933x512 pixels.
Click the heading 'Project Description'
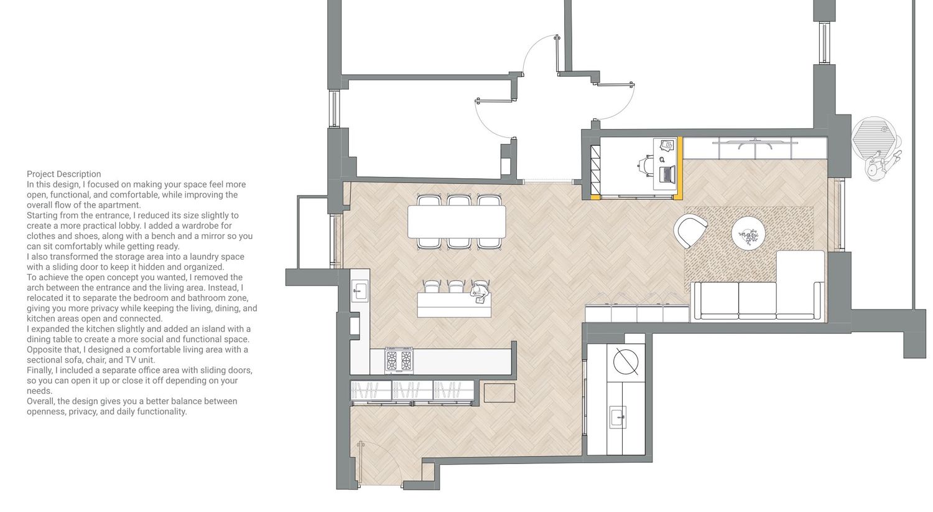coord(63,174)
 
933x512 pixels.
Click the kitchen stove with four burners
coord(399,360)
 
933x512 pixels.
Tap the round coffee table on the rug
coord(748,233)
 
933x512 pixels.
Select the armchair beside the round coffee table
coord(690,231)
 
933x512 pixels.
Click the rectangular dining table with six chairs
coord(457,221)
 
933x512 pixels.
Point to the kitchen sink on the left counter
coord(360,290)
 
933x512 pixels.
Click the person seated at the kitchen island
coord(480,293)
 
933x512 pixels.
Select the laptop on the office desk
coord(667,173)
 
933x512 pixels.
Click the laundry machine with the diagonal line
coord(626,361)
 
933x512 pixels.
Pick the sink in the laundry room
coord(618,417)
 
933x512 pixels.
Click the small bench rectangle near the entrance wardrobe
coord(499,393)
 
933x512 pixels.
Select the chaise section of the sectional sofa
coord(800,285)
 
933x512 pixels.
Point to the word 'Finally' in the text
coord(40,370)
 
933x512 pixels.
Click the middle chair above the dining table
coord(459,201)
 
